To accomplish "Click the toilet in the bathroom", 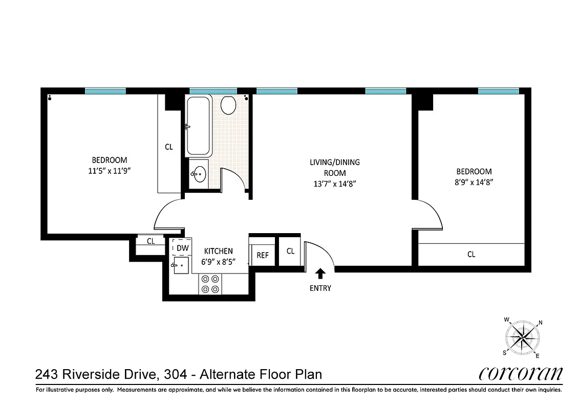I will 228,106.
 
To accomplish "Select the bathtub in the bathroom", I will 199,126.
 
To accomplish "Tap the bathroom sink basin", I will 199,174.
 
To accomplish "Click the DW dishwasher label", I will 182,248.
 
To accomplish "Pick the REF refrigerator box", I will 263,255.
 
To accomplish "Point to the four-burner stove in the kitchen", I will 210,284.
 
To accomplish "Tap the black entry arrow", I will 320,274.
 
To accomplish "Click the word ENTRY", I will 320,288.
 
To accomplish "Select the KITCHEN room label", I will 219,251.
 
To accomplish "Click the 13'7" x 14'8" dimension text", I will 335,184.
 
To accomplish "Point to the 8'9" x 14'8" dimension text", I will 474,181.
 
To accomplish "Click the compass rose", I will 523,337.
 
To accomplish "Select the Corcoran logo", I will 521,374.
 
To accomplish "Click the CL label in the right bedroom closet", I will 471,254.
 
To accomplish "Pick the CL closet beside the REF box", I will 290,251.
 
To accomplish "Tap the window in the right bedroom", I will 499,91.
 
